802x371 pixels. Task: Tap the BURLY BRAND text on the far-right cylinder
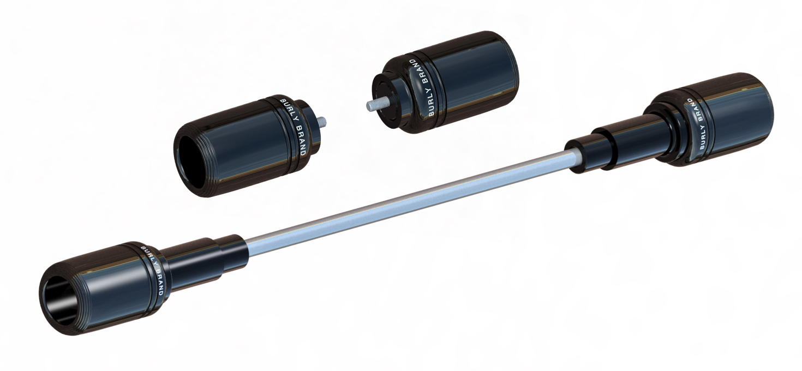click(x=697, y=123)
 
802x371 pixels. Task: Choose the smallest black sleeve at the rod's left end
click(x=231, y=250)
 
